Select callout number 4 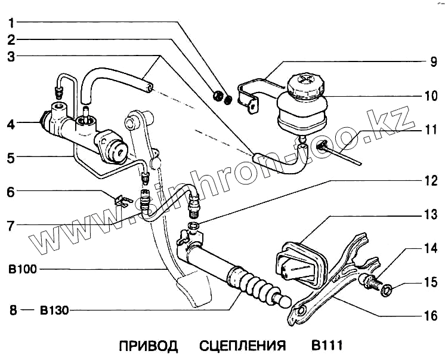click(x=11, y=125)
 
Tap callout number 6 click(x=11, y=192)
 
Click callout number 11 click(x=429, y=128)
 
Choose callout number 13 click(x=429, y=214)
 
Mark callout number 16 click(x=429, y=316)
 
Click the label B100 click(x=23, y=269)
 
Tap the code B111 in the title click(x=325, y=346)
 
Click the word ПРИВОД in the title click(x=148, y=346)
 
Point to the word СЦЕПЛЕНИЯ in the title click(x=242, y=346)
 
